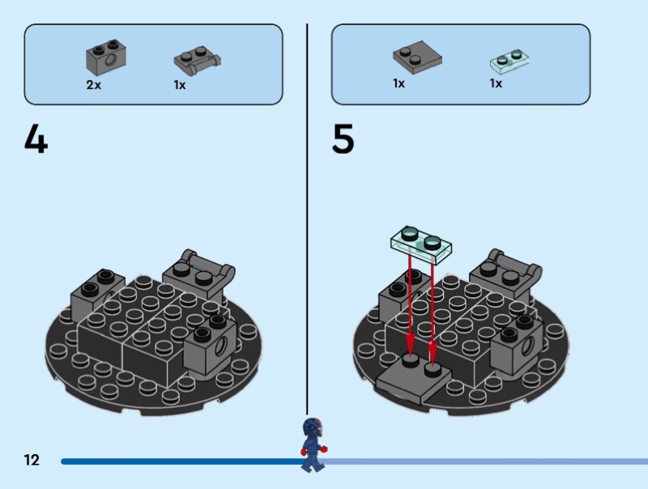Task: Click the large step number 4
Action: [36, 139]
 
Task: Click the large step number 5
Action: [343, 138]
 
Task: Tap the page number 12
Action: [32, 460]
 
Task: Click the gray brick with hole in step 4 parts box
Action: [106, 57]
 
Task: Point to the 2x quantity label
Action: [93, 85]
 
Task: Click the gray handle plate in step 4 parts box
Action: [197, 61]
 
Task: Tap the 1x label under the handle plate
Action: [180, 85]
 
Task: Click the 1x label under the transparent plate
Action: [496, 83]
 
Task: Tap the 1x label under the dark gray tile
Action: [399, 83]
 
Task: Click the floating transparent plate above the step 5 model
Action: [421, 244]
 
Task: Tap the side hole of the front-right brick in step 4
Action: [220, 345]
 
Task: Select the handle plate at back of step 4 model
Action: [199, 275]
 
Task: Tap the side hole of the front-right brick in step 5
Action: [527, 345]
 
